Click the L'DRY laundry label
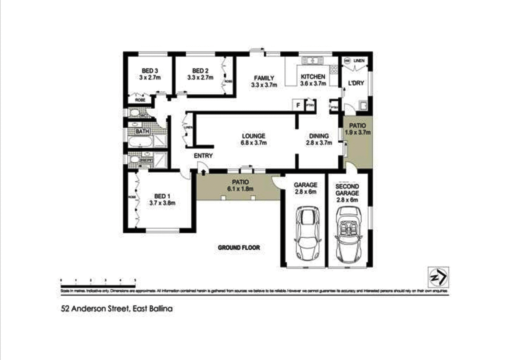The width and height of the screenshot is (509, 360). [356, 83]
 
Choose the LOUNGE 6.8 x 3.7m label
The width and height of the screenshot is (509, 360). [253, 139]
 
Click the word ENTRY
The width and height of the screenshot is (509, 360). [203, 156]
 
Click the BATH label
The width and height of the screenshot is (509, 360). [143, 131]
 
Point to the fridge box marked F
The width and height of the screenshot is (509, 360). [298, 105]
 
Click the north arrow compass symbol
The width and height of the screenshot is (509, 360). [438, 277]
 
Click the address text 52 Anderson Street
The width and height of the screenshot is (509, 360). [116, 309]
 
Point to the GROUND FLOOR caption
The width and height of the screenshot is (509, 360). [239, 248]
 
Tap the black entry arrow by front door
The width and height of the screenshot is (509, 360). [203, 173]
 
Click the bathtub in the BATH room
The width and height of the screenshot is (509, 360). [139, 141]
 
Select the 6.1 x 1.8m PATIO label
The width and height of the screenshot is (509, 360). [240, 185]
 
